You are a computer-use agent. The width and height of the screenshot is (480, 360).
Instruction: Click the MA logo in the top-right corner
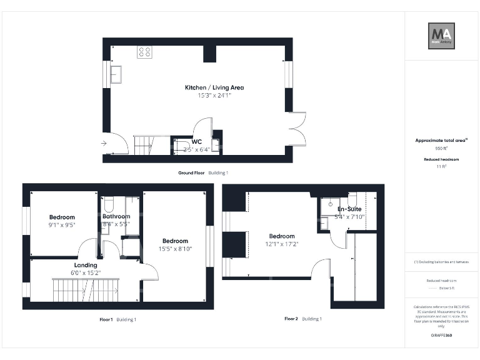[x=441, y=36]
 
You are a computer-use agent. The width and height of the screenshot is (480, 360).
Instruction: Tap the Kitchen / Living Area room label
[x=214, y=87]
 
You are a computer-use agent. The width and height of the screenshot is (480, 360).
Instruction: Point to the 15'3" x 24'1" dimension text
[x=214, y=96]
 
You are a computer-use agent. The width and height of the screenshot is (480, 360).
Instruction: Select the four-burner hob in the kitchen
[x=144, y=52]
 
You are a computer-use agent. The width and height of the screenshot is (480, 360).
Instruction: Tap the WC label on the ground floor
[x=197, y=142]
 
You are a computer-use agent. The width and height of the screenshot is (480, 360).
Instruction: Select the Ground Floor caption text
[x=191, y=172]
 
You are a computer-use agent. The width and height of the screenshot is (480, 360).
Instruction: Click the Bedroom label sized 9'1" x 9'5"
[x=62, y=217]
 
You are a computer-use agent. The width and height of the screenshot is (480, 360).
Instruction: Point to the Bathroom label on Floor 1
[x=116, y=217]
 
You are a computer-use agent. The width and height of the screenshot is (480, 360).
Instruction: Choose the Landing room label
[x=86, y=265]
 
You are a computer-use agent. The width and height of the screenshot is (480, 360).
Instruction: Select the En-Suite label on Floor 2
[x=351, y=209]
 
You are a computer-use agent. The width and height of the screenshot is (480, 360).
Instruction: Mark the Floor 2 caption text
[x=291, y=319]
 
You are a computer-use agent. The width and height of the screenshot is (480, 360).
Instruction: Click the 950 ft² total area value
[x=441, y=149]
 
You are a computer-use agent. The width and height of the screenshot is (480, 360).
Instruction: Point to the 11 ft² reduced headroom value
[x=441, y=167]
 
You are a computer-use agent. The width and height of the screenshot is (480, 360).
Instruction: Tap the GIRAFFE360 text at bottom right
[x=441, y=336]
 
